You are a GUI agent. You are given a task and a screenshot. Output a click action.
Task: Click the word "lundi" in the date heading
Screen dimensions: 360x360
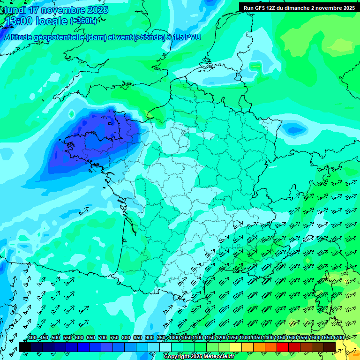15,10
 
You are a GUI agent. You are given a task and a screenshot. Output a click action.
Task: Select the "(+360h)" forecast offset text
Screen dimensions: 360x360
83,21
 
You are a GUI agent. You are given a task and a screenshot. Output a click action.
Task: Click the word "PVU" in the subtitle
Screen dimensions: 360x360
192,37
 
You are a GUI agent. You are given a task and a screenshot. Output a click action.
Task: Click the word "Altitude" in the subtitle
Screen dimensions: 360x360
19,37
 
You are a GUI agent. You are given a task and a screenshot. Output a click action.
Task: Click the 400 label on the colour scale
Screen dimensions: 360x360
32,337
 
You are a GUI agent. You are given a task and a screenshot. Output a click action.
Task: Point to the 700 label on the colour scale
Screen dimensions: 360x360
102,337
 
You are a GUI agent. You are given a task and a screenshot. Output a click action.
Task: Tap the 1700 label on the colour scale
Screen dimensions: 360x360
338,337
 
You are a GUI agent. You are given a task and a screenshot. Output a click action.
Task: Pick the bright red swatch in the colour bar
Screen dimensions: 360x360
283,347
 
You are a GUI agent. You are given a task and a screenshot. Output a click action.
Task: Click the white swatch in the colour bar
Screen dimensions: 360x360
165,347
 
